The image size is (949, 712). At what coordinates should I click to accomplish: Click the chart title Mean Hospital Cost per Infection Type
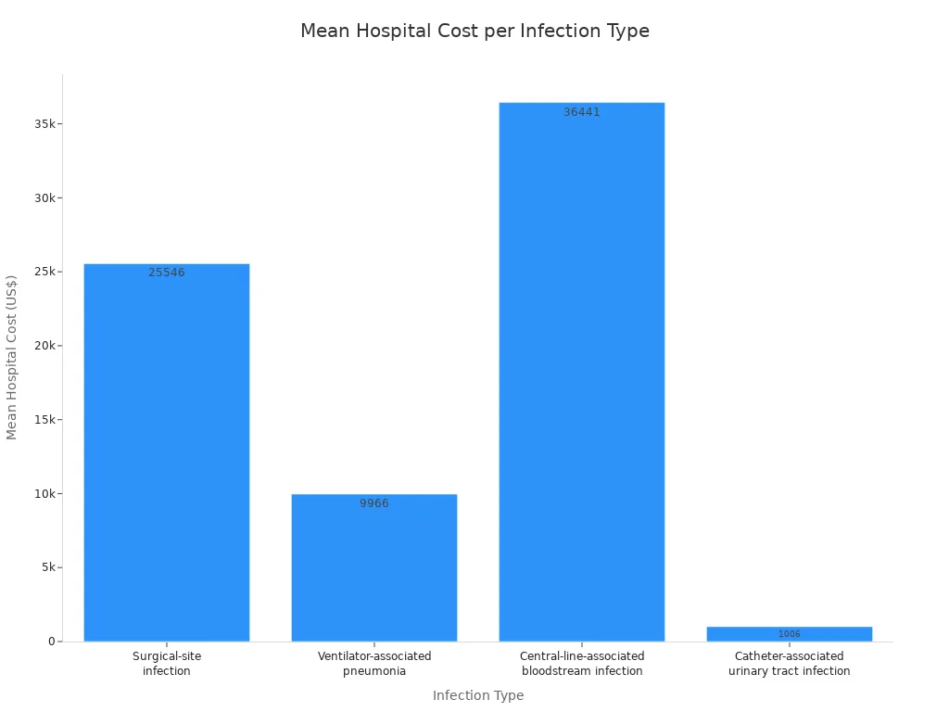click(x=474, y=31)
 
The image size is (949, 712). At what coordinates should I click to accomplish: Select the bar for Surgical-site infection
click(x=167, y=452)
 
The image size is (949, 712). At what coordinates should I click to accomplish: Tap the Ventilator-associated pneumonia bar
click(x=374, y=568)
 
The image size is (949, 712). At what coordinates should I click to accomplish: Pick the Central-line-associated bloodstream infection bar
click(x=582, y=372)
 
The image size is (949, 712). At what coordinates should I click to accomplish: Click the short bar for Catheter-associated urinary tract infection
click(x=790, y=634)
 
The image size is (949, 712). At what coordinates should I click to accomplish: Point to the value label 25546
click(x=167, y=273)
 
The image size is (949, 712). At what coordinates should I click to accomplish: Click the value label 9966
click(x=374, y=503)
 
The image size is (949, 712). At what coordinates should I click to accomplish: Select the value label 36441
click(x=582, y=112)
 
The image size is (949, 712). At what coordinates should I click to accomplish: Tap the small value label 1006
click(x=790, y=634)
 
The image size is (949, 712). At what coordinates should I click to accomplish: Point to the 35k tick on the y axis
click(x=44, y=124)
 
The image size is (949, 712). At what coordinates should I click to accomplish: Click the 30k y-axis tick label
click(x=44, y=198)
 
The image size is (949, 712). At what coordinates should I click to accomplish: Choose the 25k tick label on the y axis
click(x=44, y=272)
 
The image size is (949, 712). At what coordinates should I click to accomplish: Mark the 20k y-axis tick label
click(x=44, y=346)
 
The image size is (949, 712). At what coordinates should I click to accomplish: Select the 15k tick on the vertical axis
click(x=44, y=420)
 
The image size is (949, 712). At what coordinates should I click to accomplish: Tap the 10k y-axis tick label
click(x=44, y=494)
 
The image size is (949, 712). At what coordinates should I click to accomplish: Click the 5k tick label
click(x=48, y=567)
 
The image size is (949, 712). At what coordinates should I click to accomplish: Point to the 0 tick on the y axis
click(x=52, y=642)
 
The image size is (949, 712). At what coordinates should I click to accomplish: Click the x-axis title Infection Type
click(x=478, y=695)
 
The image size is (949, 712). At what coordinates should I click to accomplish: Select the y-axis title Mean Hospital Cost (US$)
click(x=11, y=357)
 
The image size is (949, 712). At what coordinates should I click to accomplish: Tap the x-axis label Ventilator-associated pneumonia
click(x=374, y=664)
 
